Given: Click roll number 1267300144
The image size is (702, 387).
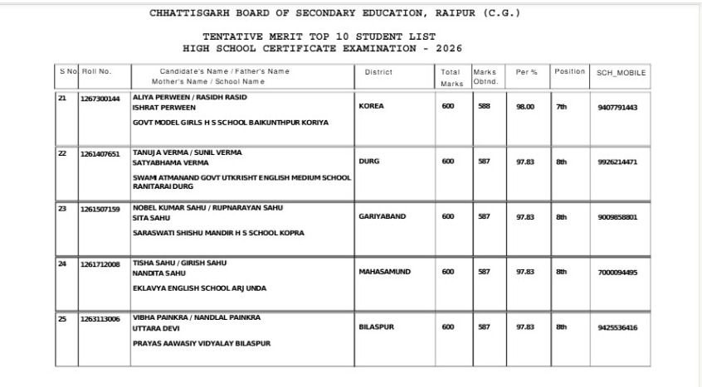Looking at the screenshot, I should [x=100, y=99].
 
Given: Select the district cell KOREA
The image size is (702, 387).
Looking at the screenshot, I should [x=371, y=107].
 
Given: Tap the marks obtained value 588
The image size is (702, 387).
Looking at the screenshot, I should [x=484, y=107].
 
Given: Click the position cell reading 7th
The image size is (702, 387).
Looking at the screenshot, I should [x=562, y=107].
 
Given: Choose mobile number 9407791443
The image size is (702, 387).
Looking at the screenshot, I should [x=617, y=107].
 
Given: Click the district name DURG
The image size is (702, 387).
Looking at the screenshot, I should [x=368, y=162].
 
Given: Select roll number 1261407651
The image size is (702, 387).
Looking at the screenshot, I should [x=100, y=154].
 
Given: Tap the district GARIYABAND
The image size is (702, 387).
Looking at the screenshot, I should [x=382, y=216].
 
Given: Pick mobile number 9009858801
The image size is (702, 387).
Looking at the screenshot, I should [x=617, y=217].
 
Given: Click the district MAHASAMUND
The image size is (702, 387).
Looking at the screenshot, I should [x=384, y=271].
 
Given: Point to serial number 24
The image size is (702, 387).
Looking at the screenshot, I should [x=62, y=264].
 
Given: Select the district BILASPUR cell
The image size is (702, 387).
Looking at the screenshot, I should [x=376, y=327].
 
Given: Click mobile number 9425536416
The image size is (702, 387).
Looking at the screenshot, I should [x=617, y=327].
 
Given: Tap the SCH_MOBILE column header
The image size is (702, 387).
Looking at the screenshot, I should [x=621, y=73].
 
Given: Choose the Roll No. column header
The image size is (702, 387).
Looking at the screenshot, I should [x=95, y=71].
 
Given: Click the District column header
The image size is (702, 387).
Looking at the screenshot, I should [x=378, y=72].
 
